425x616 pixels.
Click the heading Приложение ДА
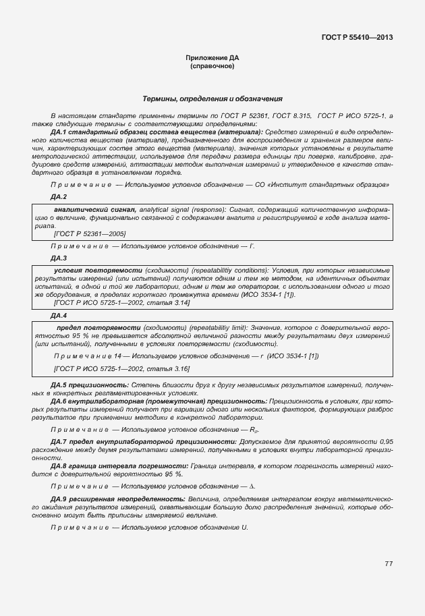pyautogui.click(x=212, y=59)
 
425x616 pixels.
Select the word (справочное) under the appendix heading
pyautogui.click(x=212, y=67)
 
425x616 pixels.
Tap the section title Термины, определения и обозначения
pyautogui.click(x=212, y=99)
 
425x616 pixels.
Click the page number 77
pyautogui.click(x=389, y=564)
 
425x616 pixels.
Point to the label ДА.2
pyautogui.click(x=59, y=196)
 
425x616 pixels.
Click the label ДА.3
pyautogui.click(x=59, y=258)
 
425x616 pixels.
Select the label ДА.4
pyautogui.click(x=59, y=315)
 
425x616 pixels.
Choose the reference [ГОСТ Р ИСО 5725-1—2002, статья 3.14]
pyautogui.click(x=121, y=303)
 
